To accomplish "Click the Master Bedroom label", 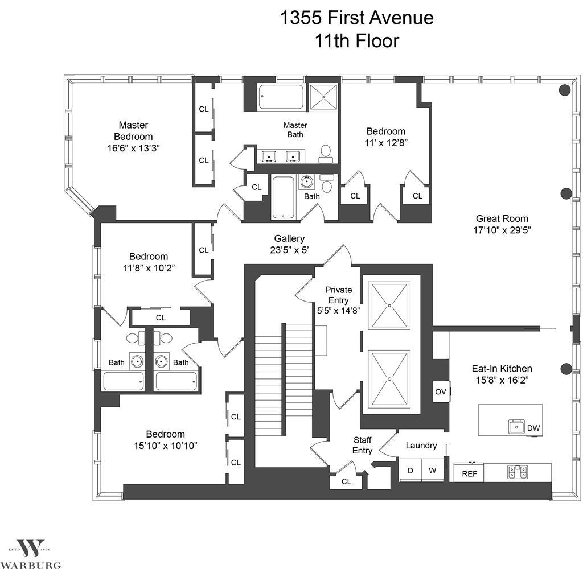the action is pyautogui.click(x=133, y=131).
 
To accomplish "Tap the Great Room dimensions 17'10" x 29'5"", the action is pyautogui.click(x=502, y=230).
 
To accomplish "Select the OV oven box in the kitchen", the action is pyautogui.click(x=441, y=391).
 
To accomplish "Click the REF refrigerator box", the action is pyautogui.click(x=469, y=473).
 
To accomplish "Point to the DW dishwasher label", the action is pyautogui.click(x=533, y=428).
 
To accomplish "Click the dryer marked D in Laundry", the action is pyautogui.click(x=410, y=471).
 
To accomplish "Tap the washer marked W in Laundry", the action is pyautogui.click(x=433, y=471).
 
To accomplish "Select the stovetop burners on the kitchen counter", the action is pyautogui.click(x=518, y=472).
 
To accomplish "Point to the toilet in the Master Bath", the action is pyautogui.click(x=326, y=154).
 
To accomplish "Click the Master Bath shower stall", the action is pyautogui.click(x=323, y=97).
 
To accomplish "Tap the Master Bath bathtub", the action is pyautogui.click(x=281, y=97).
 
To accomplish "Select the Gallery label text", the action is pyautogui.click(x=289, y=238).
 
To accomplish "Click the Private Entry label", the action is pyautogui.click(x=338, y=295).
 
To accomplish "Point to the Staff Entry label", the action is pyautogui.click(x=363, y=445).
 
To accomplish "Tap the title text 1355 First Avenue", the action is pyautogui.click(x=357, y=18).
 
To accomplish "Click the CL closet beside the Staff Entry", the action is pyautogui.click(x=346, y=482).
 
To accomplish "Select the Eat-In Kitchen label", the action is pyautogui.click(x=502, y=369).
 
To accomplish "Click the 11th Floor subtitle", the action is pyautogui.click(x=357, y=41).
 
